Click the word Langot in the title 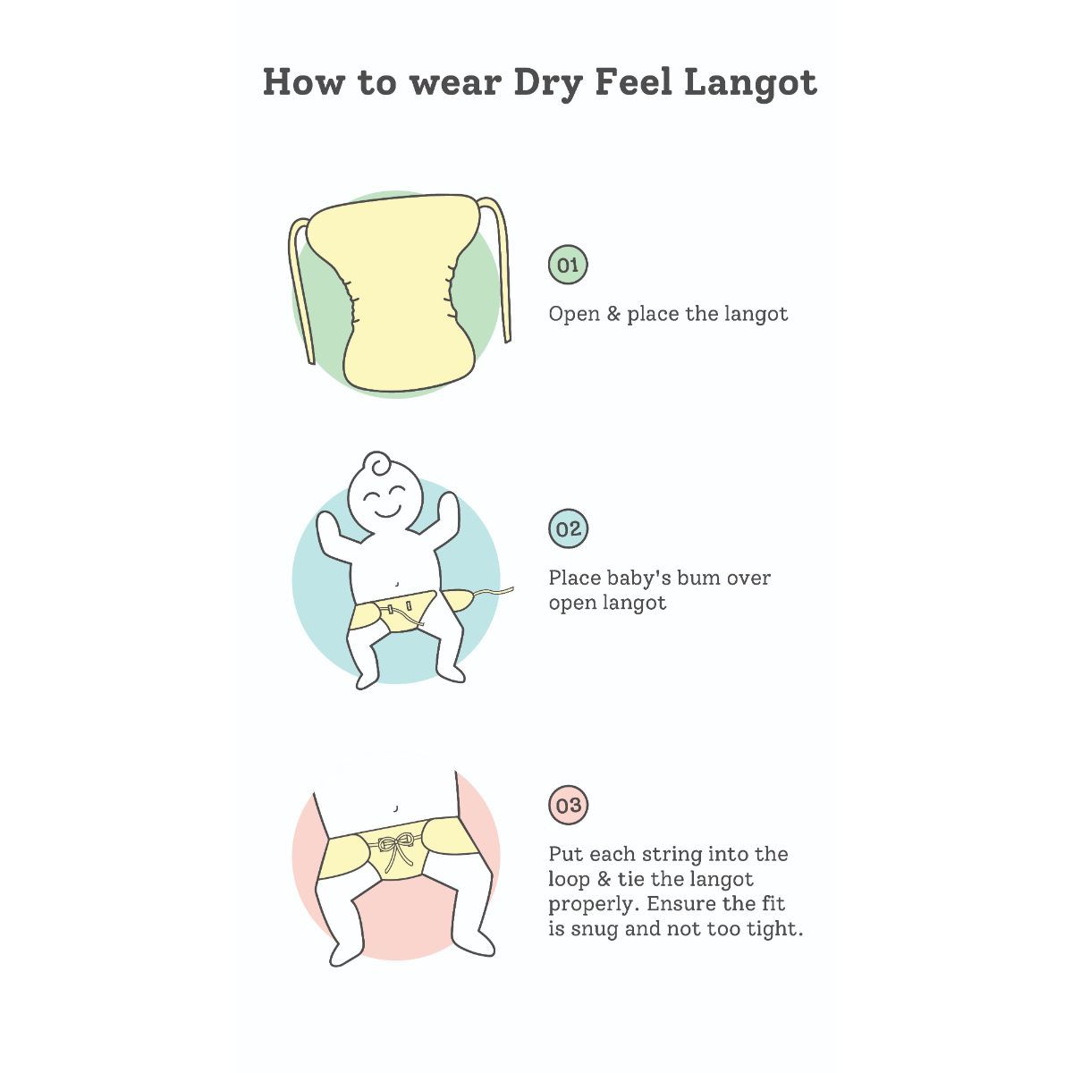click(x=750, y=83)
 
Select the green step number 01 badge click(x=568, y=265)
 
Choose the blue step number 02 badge click(x=568, y=528)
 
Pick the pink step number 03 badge click(x=568, y=805)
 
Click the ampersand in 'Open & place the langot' click(x=613, y=314)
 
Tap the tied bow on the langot click(x=395, y=848)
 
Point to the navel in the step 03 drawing click(x=395, y=808)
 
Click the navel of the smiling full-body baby click(x=396, y=585)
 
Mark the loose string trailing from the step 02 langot click(x=494, y=593)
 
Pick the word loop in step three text click(x=569, y=881)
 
